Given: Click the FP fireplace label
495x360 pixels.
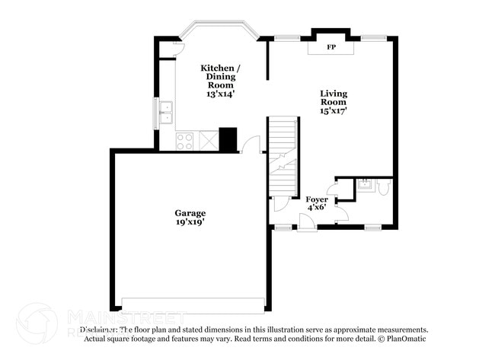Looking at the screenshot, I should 331,47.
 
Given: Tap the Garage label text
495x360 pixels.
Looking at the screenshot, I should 190,213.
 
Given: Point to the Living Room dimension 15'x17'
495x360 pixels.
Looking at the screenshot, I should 334,111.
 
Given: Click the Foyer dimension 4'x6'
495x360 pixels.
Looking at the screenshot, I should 317,207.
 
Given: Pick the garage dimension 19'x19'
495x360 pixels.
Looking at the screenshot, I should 190,222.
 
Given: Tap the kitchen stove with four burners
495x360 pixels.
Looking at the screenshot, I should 185,140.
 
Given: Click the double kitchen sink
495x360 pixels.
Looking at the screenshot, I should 167,116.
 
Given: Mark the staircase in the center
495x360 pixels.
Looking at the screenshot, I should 281,156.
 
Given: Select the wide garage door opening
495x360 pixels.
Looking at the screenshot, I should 194,303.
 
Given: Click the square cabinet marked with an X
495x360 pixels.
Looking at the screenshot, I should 207,140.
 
